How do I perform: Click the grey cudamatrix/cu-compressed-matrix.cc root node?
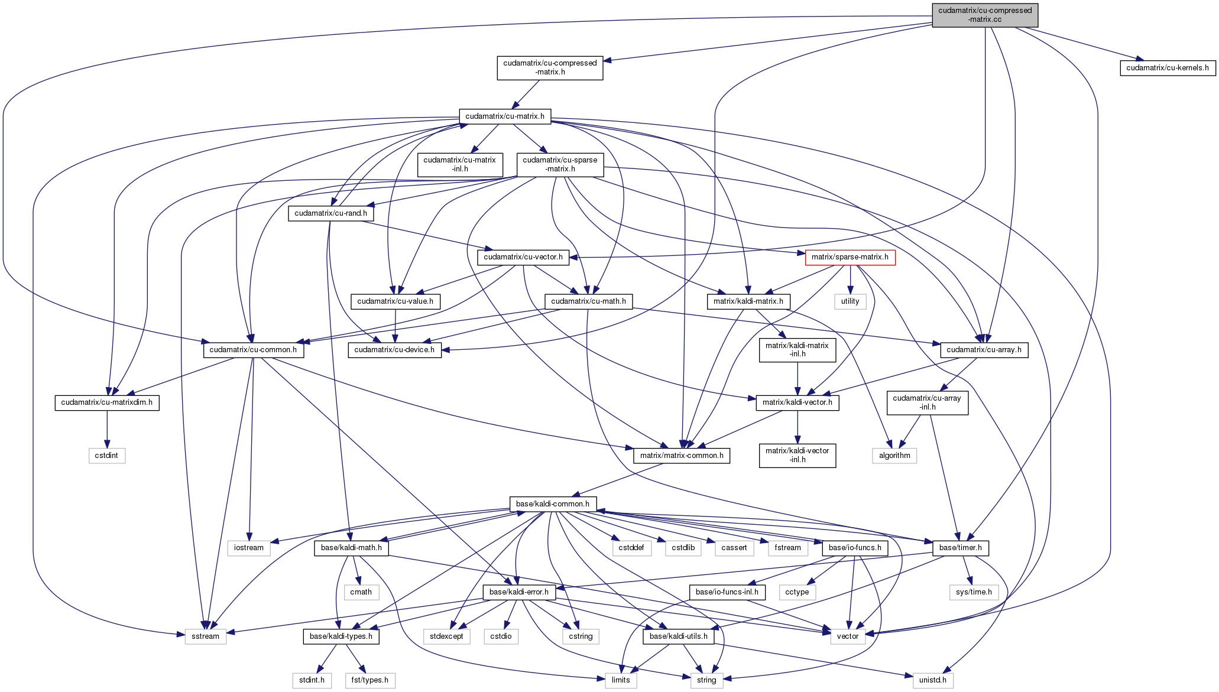[985, 15]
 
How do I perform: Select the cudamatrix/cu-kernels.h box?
[1167, 68]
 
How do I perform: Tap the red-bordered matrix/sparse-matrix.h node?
[850, 257]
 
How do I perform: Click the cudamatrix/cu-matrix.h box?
[505, 116]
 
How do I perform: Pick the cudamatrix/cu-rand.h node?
[330, 213]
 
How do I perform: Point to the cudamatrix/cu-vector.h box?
[523, 257]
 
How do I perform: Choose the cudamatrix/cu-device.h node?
[394, 350]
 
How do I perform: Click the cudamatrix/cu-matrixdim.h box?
[107, 402]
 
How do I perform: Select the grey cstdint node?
[107, 456]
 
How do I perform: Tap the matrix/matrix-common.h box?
[682, 456]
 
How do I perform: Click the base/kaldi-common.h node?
[553, 504]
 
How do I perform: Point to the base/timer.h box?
[960, 548]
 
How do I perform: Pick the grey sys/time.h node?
[974, 592]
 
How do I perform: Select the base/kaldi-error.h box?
[519, 592]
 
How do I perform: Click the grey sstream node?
[205, 636]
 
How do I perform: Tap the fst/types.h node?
[370, 680]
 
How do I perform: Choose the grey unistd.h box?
[932, 680]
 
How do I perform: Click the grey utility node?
[850, 301]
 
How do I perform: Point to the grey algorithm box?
[894, 456]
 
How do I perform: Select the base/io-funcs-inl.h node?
[727, 592]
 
